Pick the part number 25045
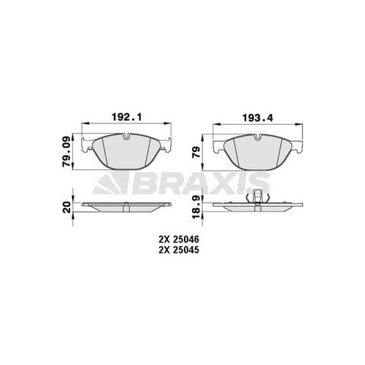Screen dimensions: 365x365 pos(187,250)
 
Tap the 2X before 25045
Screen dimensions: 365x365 pos(162,250)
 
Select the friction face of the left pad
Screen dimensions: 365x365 pos(128,155)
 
